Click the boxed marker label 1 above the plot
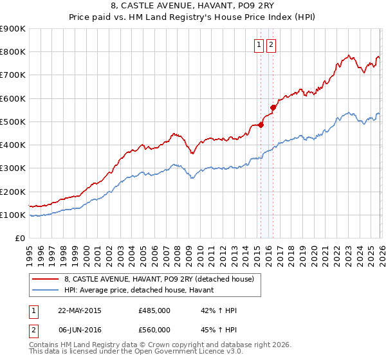click(259, 45)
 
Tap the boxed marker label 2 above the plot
click(270, 45)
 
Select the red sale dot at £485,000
click(261, 125)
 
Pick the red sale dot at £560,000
click(273, 108)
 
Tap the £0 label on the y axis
click(19, 239)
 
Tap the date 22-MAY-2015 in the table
click(80, 310)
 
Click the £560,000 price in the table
click(154, 329)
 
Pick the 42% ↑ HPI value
click(219, 310)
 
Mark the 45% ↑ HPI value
click(219, 329)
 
